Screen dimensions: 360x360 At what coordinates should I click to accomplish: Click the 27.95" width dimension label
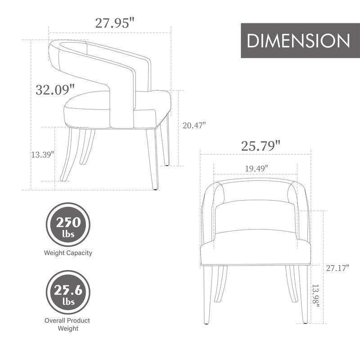115,23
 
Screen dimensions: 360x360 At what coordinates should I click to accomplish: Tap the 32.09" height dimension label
55,89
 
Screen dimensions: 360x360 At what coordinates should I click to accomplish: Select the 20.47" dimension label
194,126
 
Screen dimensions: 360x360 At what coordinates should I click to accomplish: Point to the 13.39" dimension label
42,154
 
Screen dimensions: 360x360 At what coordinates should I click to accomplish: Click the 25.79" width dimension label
261,146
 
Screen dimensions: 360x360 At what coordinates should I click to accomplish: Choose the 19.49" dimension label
256,168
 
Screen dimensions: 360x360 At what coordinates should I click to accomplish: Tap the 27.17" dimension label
337,268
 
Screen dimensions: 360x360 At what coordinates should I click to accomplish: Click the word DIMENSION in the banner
298,40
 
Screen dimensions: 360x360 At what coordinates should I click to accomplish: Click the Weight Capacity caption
68,253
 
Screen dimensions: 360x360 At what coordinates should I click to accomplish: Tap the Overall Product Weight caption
67,324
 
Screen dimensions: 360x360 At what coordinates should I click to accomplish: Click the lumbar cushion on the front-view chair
256,217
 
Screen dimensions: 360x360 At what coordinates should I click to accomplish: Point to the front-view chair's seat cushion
256,250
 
